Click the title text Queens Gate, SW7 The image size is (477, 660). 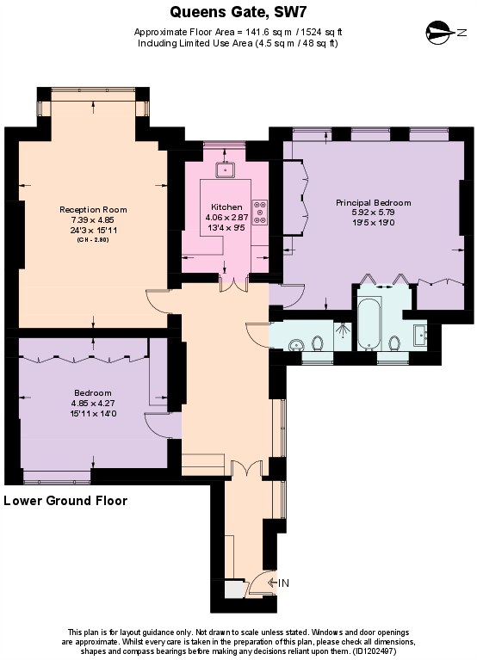pos(238,11)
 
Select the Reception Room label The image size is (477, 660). pos(93,210)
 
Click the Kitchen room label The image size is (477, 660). pos(226,207)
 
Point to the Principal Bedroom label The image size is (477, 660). pos(373,202)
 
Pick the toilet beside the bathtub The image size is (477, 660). pos(395,343)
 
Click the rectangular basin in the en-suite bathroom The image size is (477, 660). pos(420,334)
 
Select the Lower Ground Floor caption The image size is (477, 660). pos(65,501)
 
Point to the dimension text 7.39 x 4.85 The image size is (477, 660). pos(93,219)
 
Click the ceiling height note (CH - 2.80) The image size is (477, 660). pos(93,239)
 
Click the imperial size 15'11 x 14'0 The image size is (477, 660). pos(93,413)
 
